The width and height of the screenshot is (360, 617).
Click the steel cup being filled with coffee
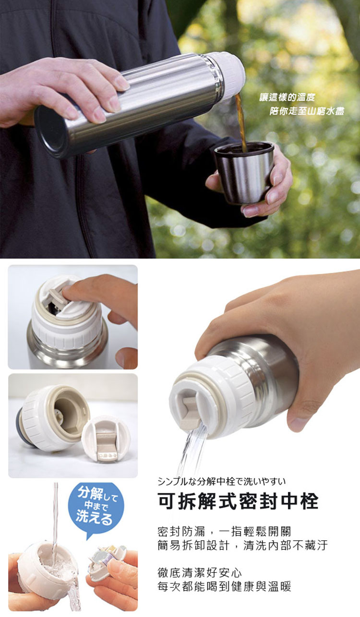click(244, 172)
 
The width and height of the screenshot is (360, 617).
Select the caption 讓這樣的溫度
click(287, 97)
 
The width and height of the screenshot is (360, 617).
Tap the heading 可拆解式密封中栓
click(238, 501)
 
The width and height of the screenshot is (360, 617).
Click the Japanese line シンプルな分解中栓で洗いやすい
click(222, 481)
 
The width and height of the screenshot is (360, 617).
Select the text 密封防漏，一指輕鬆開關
click(224, 532)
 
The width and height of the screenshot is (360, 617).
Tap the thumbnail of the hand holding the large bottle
click(73, 317)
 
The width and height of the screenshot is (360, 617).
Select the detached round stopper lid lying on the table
click(106, 439)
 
